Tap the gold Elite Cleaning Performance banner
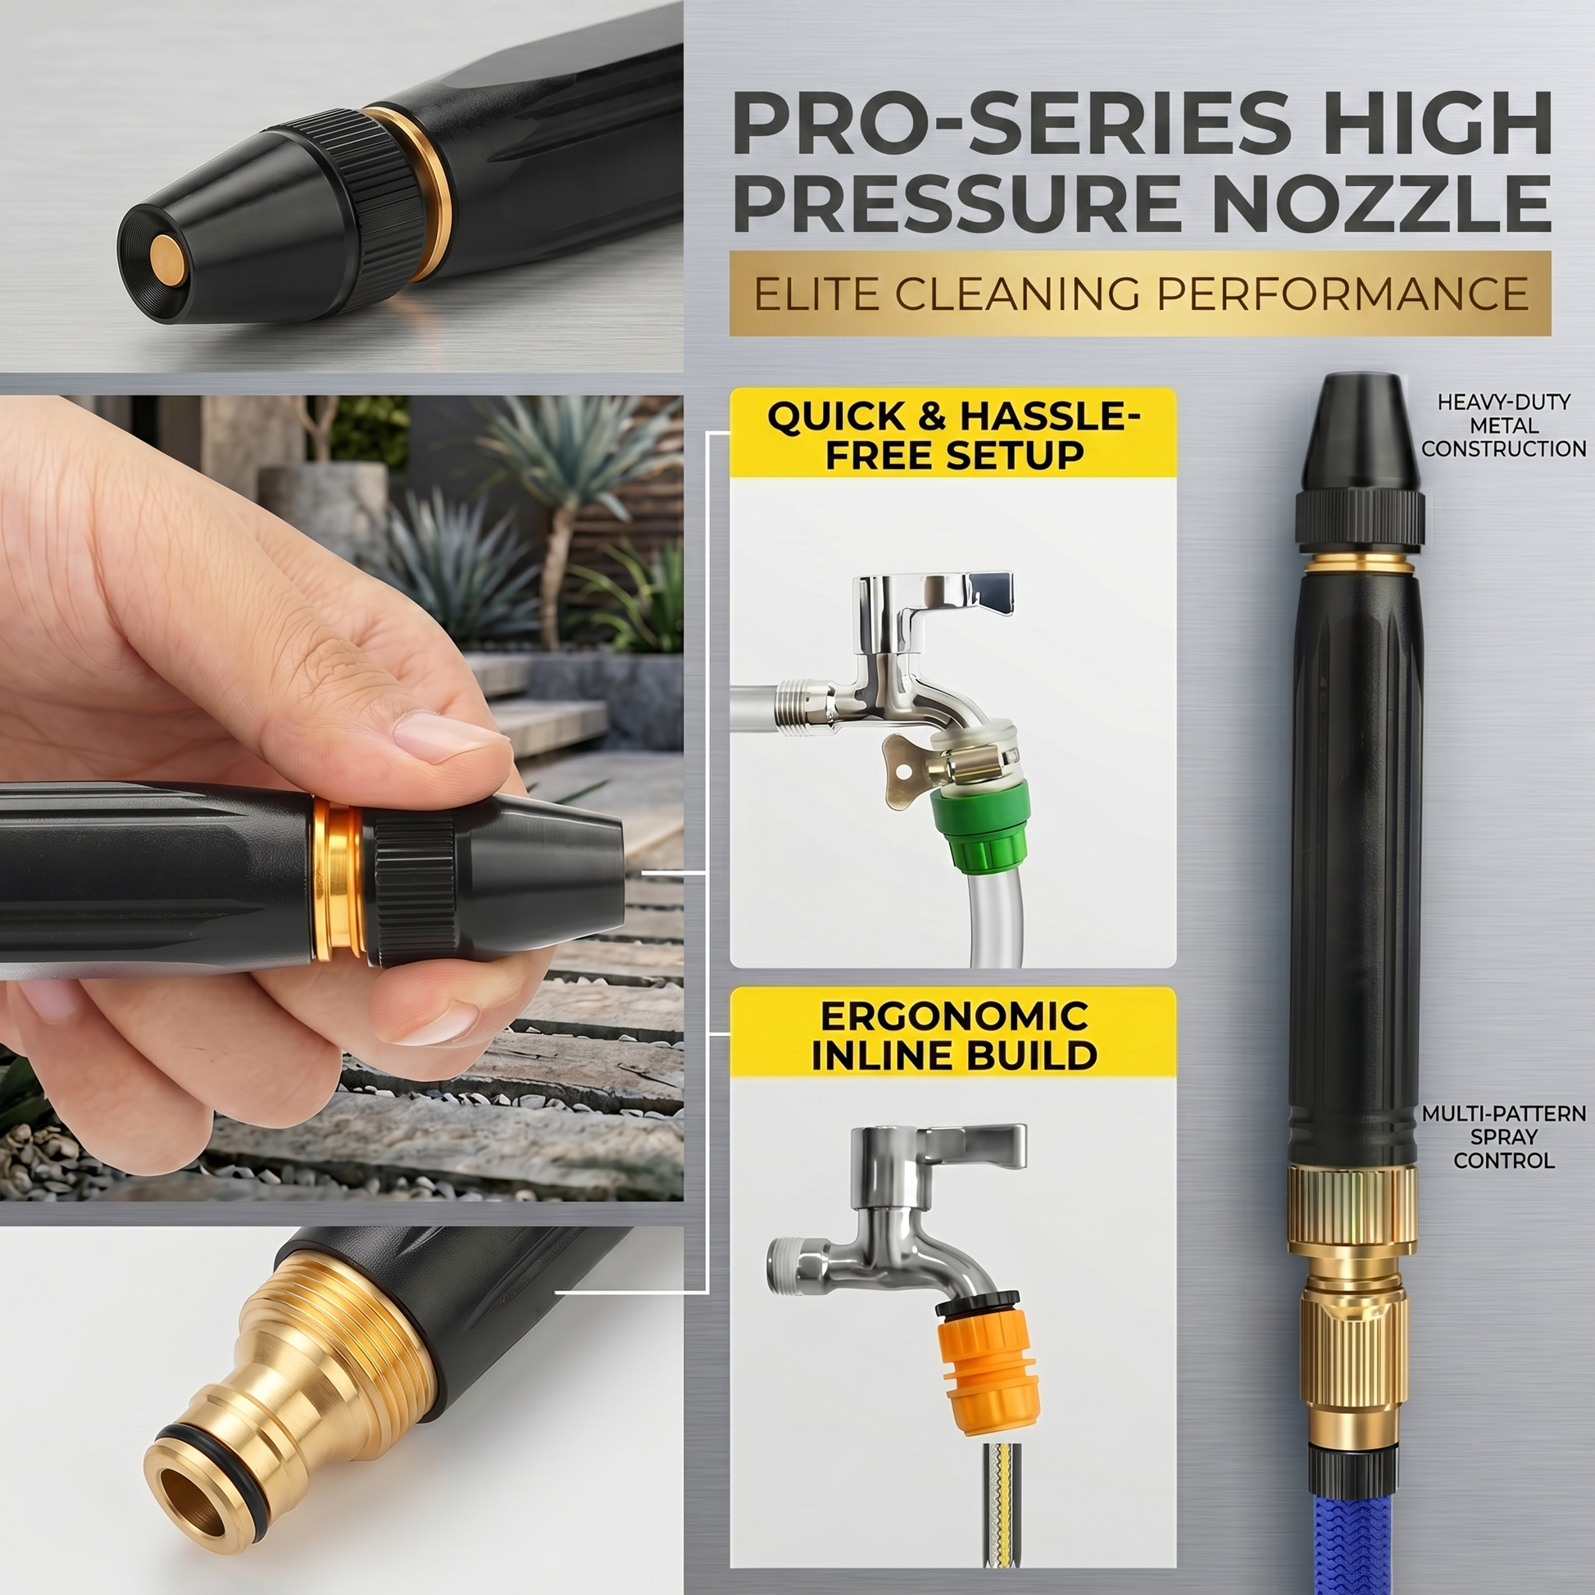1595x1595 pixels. click(1140, 293)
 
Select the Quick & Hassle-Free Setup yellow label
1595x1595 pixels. click(952, 434)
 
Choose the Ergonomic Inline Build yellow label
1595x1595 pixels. click(952, 1033)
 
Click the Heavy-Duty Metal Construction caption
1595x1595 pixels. click(1502, 426)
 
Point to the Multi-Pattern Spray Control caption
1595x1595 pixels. click(1502, 1137)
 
